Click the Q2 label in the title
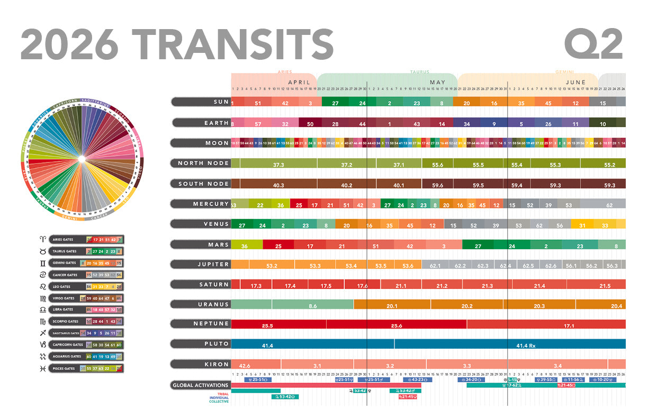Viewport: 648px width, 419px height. (593, 44)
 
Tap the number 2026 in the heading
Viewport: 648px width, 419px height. (69, 44)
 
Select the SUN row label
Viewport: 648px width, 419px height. (201, 102)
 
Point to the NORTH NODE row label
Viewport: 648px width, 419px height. (201, 163)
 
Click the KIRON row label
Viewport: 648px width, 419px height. (201, 365)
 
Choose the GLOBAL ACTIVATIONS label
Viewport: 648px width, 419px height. (201, 385)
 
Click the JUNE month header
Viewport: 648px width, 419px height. (575, 83)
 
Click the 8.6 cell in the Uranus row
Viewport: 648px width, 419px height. (313, 306)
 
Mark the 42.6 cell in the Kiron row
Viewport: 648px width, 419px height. (245, 366)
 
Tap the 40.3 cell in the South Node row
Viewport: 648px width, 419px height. (278, 185)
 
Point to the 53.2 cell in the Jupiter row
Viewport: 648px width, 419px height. (272, 266)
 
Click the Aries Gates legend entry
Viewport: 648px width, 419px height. (86, 240)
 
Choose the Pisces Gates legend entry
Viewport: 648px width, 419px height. (86, 368)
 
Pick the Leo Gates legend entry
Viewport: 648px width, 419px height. (86, 287)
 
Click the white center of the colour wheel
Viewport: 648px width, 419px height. (82, 159)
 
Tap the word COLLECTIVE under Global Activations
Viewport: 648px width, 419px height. (219, 402)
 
